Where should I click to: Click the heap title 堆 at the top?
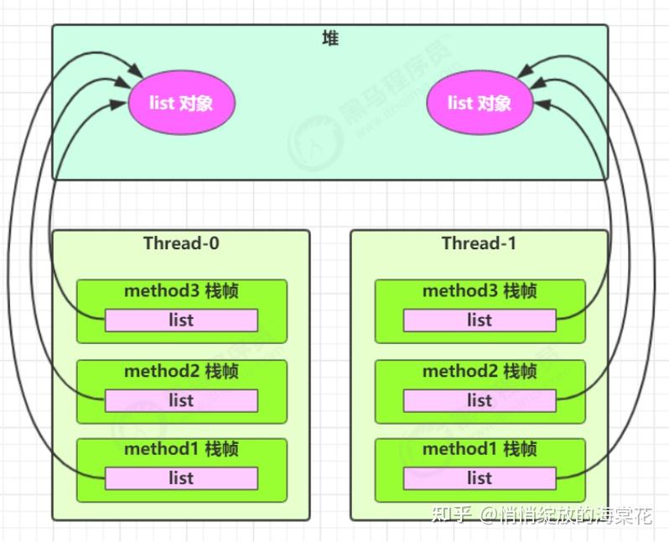coord(330,39)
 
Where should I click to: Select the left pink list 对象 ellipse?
coord(181,103)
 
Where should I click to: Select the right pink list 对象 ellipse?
coord(480,103)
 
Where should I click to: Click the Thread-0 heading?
coord(181,243)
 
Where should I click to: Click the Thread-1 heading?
coord(480,243)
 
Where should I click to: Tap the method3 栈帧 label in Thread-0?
coord(181,291)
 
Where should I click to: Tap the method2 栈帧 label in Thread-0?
coord(181,371)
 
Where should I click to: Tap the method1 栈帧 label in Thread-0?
coord(181,449)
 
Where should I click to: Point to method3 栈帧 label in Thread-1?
coord(480,291)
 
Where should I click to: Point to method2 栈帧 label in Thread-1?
coord(480,371)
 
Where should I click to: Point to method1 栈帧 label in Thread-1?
coord(480,449)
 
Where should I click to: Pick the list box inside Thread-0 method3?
coord(181,320)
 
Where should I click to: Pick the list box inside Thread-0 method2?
coord(181,400)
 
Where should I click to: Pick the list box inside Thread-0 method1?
coord(181,478)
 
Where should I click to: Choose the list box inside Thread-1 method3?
coord(480,320)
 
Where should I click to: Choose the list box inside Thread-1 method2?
coord(480,400)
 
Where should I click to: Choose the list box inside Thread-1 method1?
coord(480,478)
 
